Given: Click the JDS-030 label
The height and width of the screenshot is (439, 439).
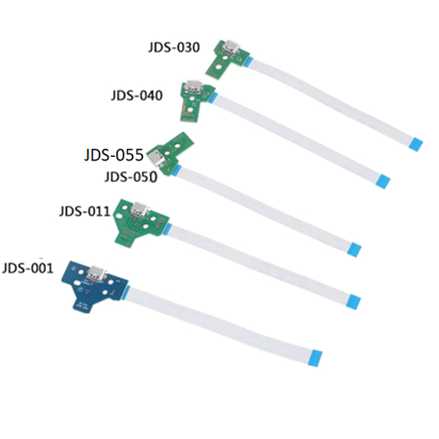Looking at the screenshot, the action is point(174,47).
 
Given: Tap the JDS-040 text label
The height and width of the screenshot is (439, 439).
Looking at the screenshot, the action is point(137,95).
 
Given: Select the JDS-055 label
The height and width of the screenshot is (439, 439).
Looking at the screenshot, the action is point(114,154).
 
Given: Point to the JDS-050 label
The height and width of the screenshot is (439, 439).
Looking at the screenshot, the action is point(131,177).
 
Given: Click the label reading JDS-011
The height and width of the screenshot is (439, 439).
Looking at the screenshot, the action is point(85,211).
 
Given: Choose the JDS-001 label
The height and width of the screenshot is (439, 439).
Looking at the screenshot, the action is point(28,268).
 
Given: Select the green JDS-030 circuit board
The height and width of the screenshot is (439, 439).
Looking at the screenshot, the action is point(227,57).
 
